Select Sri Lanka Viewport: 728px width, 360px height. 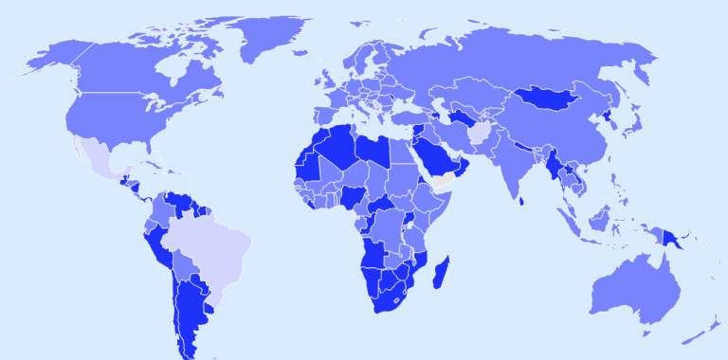pyautogui.click(x=520, y=198)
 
